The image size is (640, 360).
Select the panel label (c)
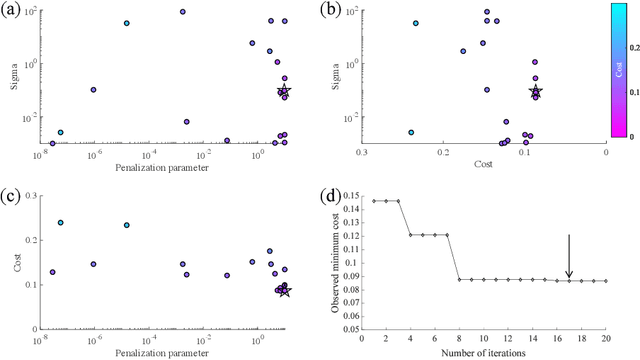point(13,190)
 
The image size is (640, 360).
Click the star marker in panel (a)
point(284,90)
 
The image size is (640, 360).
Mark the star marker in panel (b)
point(535,91)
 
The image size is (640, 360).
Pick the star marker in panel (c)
point(284,290)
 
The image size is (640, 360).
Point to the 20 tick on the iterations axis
point(606,338)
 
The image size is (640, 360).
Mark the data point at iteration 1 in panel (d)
point(374,201)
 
